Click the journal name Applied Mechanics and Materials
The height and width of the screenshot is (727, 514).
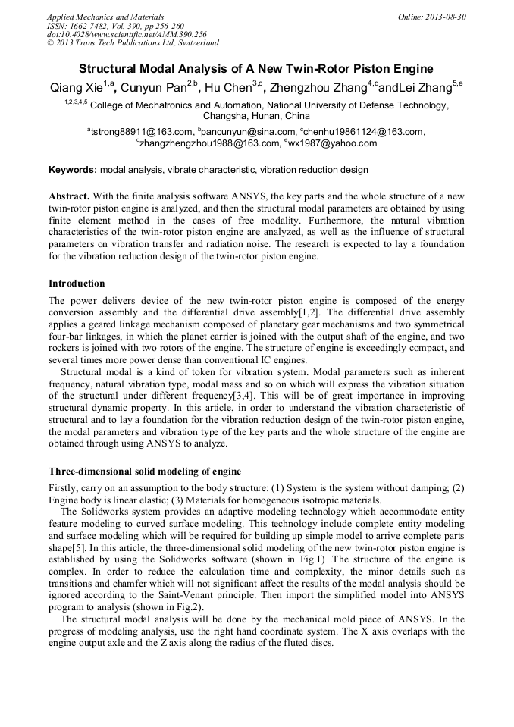tap(105, 17)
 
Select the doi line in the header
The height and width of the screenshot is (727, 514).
tap(127, 35)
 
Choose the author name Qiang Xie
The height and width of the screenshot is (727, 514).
tap(76, 88)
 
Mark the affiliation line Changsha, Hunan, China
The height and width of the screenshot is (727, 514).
tap(256, 117)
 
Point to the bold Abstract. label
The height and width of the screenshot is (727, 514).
tap(69, 196)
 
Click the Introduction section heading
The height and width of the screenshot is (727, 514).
tap(77, 284)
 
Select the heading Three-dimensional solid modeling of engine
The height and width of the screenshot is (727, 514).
tap(145, 472)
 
